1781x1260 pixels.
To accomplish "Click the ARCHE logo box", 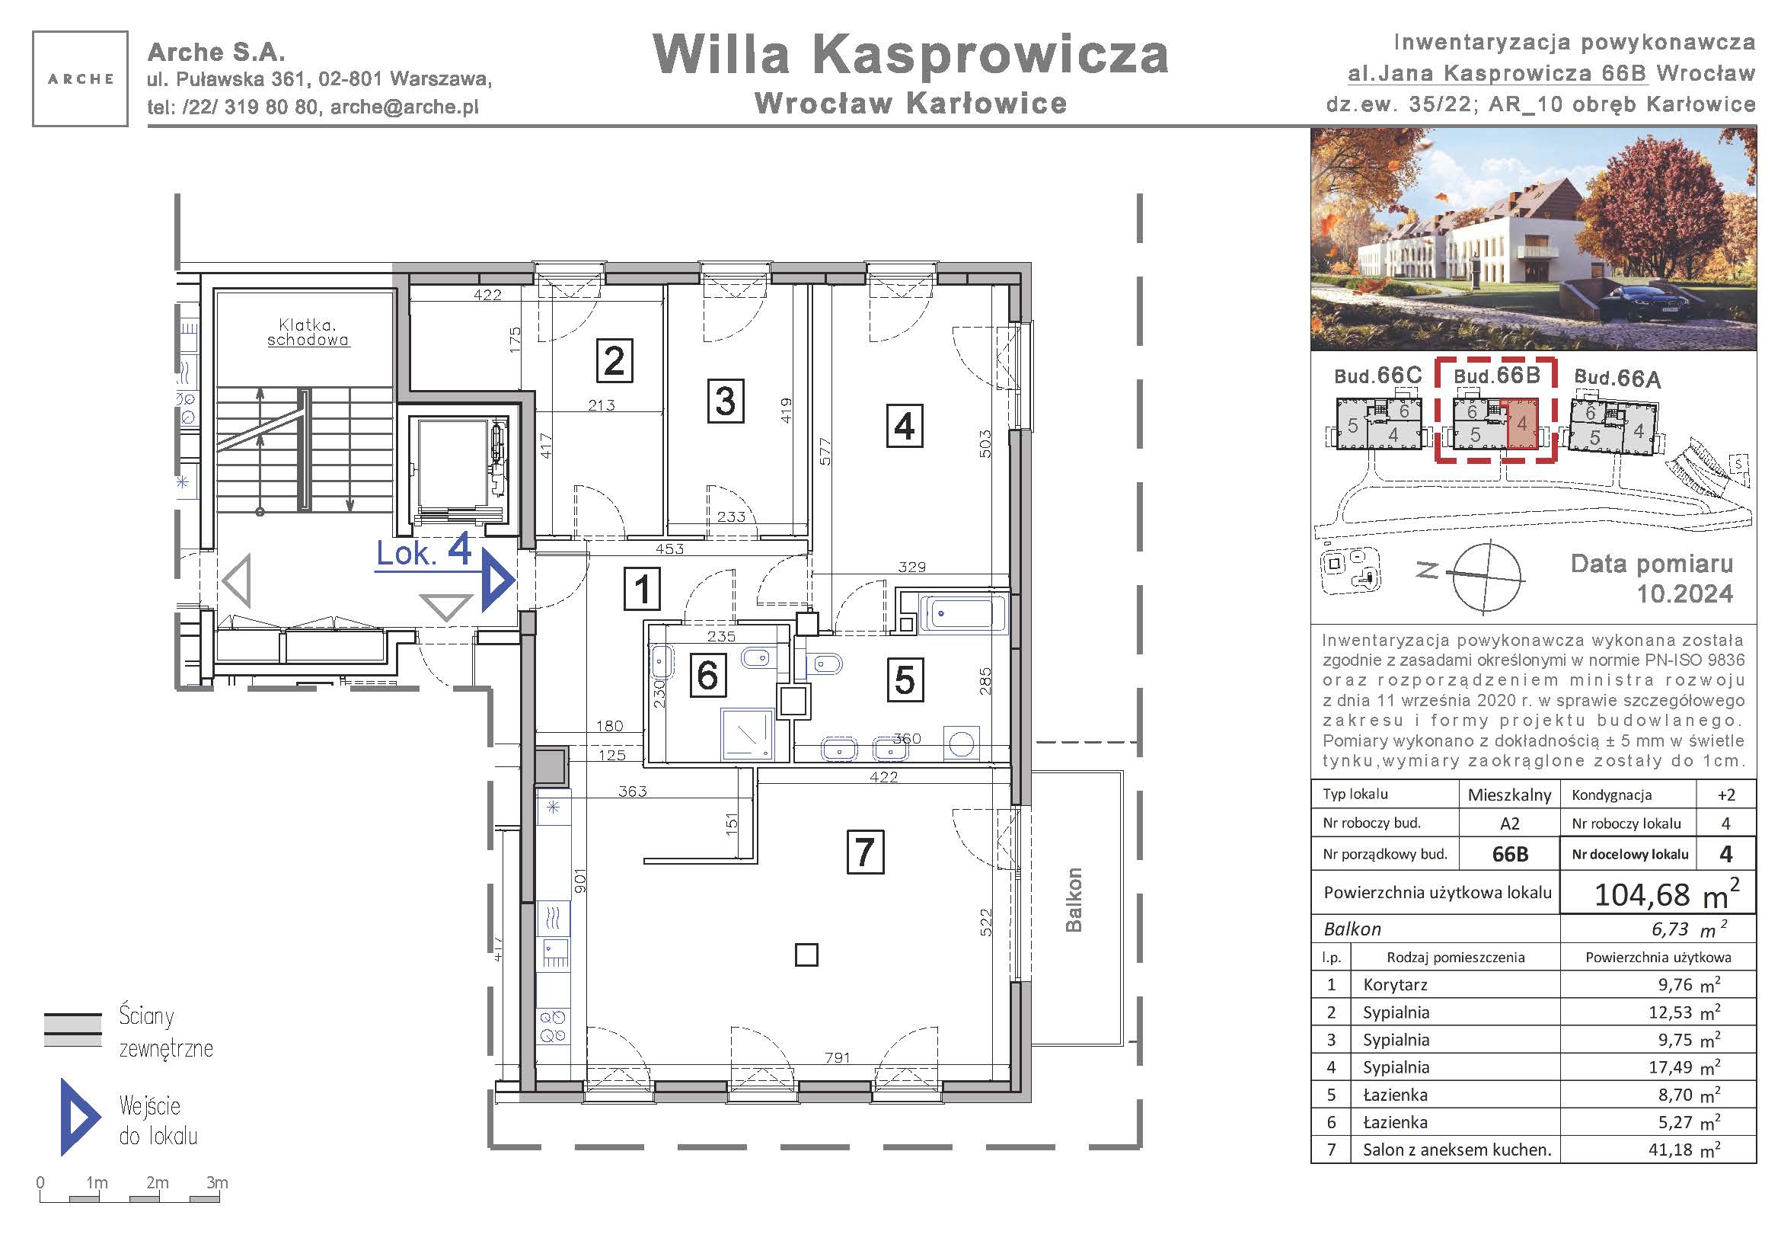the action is click(80, 78).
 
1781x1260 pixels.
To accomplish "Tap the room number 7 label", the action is click(865, 852).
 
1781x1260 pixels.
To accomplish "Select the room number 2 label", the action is click(614, 361).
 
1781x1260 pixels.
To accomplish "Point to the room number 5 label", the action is click(905, 680).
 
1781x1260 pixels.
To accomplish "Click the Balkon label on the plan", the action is click(1074, 899).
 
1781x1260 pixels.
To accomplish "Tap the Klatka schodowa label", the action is click(308, 332).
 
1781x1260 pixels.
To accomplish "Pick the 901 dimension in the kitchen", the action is click(580, 881).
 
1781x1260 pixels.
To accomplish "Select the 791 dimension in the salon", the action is click(838, 1057).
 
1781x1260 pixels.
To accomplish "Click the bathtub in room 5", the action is click(962, 614).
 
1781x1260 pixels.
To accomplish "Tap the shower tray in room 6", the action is click(748, 733).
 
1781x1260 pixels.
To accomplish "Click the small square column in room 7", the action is click(806, 955).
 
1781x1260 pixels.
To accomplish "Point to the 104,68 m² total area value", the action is click(1666, 894).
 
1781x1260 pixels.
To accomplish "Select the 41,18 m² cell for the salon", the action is click(1684, 1150).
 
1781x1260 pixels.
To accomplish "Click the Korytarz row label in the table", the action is click(1395, 985).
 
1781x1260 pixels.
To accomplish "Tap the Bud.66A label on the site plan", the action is click(1617, 378).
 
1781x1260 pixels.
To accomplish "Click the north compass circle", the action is click(1486, 577).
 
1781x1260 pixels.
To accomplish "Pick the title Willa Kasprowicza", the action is click(911, 54).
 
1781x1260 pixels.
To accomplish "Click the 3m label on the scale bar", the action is click(217, 1182).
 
